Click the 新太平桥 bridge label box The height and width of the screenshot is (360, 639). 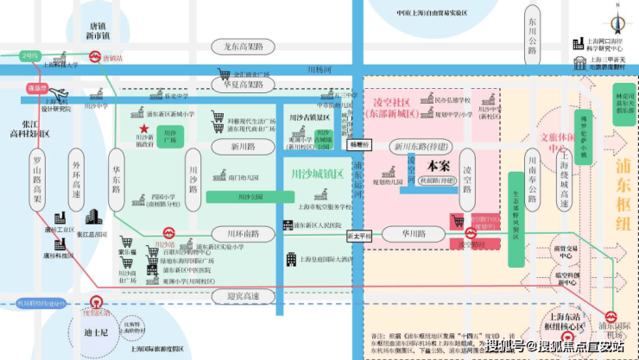359,235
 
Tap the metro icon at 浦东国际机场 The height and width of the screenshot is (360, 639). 611,317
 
